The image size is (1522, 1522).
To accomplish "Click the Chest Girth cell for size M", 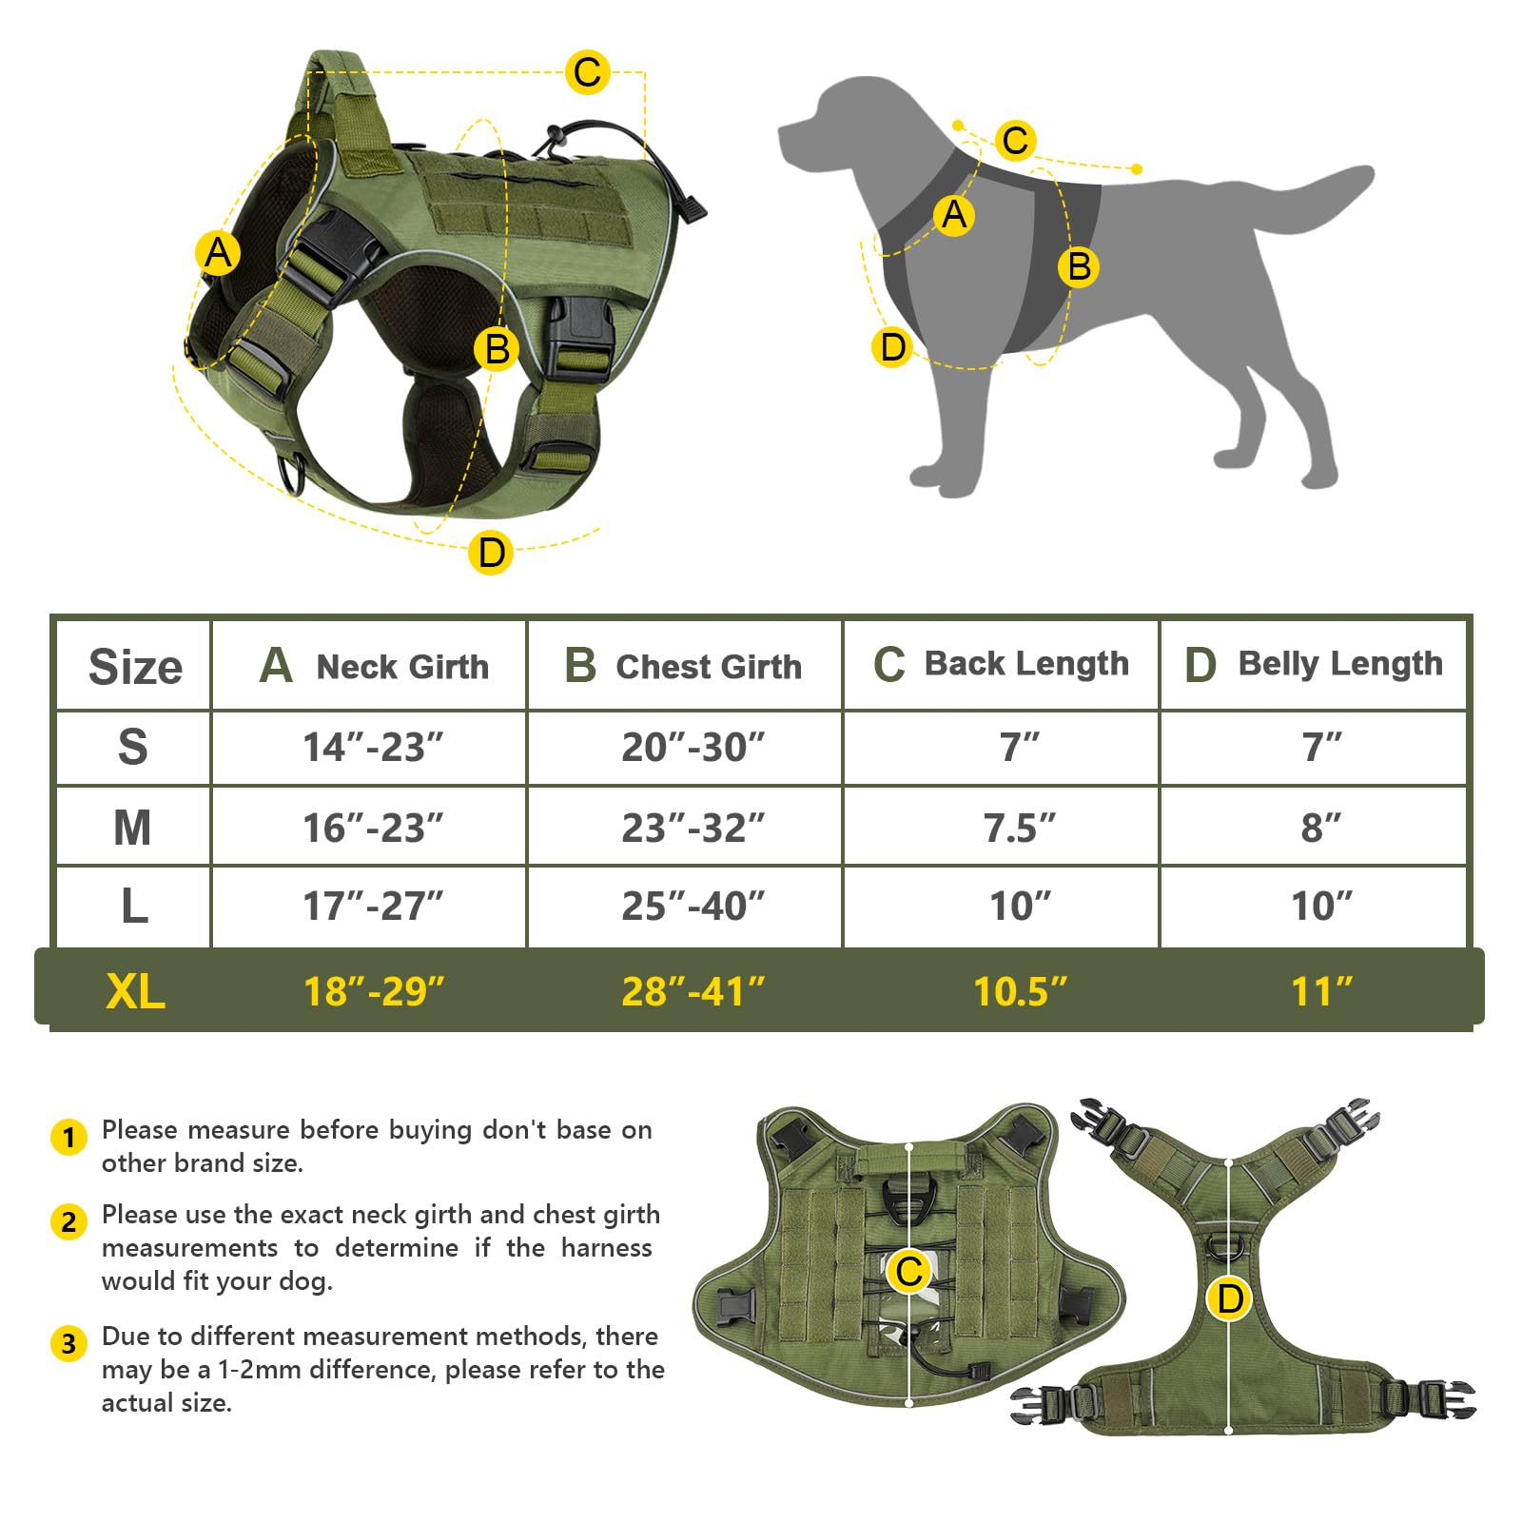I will coord(693,828).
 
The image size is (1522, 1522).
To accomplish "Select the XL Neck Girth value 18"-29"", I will coord(373,991).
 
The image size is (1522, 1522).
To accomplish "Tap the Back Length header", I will coord(1001,664).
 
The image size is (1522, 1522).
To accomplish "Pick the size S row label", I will coord(133,748).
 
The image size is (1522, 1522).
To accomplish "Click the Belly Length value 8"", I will coord(1320,828).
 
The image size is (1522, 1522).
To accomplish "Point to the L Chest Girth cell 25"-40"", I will coord(693,907).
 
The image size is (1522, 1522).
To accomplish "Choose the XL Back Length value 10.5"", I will coord(1020,991).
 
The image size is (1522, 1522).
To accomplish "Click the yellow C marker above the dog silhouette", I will coord(1015,140).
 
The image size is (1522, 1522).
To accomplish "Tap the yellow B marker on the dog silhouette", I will coord(1079,266).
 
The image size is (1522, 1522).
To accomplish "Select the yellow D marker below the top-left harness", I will coord(491,552).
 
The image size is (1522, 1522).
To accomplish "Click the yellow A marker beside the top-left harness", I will coord(218,253).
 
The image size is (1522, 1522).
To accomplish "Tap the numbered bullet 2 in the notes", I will coord(68,1221).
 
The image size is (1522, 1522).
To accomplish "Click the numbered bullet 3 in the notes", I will coord(68,1343).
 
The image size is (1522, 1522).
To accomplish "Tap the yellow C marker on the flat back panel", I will coord(908,1271).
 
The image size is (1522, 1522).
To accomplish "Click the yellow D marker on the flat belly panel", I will coord(1229,1298).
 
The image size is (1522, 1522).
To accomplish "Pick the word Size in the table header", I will coord(135,667).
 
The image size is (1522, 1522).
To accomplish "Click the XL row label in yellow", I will coord(135,991).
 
